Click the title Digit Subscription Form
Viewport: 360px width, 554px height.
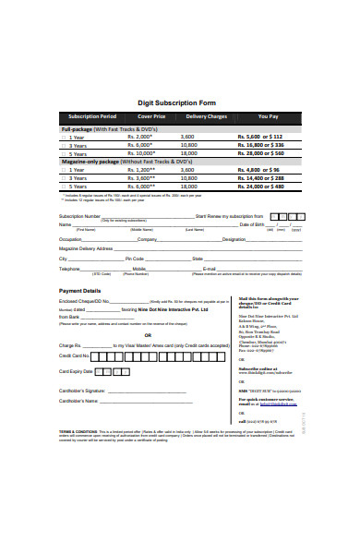pos(180,103)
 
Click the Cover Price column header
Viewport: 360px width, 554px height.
pos(151,117)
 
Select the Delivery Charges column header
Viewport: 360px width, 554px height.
pos(206,117)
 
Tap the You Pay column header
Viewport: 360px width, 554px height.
pos(268,117)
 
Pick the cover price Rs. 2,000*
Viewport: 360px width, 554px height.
pos(138,136)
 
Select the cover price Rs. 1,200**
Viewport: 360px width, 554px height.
pos(138,170)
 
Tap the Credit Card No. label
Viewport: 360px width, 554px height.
pos(75,355)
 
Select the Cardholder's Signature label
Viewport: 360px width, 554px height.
pos(84,391)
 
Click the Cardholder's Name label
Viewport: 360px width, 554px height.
pos(78,402)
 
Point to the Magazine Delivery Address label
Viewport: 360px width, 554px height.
pos(86,248)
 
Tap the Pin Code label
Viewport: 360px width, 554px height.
pos(135,259)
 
